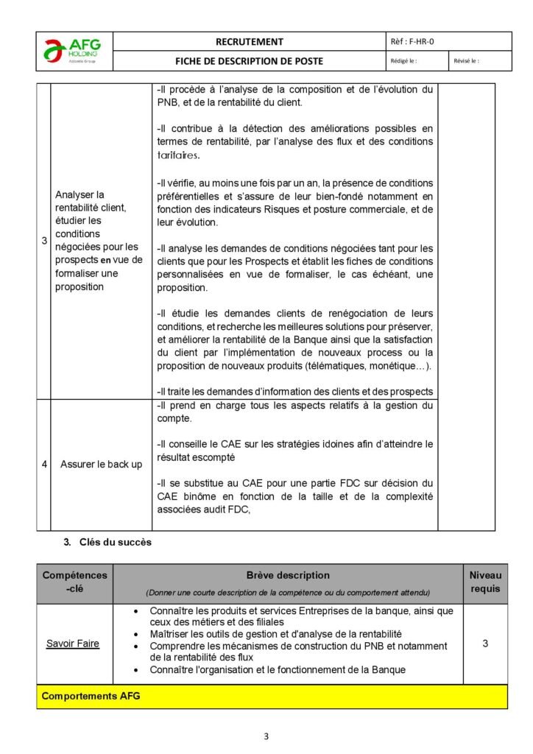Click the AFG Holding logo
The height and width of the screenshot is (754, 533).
74,51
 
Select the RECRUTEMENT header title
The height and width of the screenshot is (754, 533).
249,42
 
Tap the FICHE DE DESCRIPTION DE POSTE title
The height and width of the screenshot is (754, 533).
249,61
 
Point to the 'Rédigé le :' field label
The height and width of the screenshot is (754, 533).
401,61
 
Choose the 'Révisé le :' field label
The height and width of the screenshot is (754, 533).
466,61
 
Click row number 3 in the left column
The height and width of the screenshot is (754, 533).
43,241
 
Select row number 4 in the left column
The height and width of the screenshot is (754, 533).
43,465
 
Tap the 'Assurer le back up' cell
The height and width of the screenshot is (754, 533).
101,465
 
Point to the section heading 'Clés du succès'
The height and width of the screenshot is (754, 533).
110,543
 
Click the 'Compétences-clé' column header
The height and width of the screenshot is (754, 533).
74,582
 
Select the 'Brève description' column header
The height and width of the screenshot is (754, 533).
288,575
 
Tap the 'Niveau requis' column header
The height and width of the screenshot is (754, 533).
485,582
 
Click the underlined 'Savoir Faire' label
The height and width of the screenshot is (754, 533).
73,644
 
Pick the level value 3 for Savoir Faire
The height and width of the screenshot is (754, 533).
485,644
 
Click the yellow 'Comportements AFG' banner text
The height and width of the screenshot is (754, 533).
91,696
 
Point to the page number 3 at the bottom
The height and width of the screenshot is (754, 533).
266,736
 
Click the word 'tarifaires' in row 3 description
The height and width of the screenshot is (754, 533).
177,155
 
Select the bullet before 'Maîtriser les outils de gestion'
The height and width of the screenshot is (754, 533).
138,634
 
